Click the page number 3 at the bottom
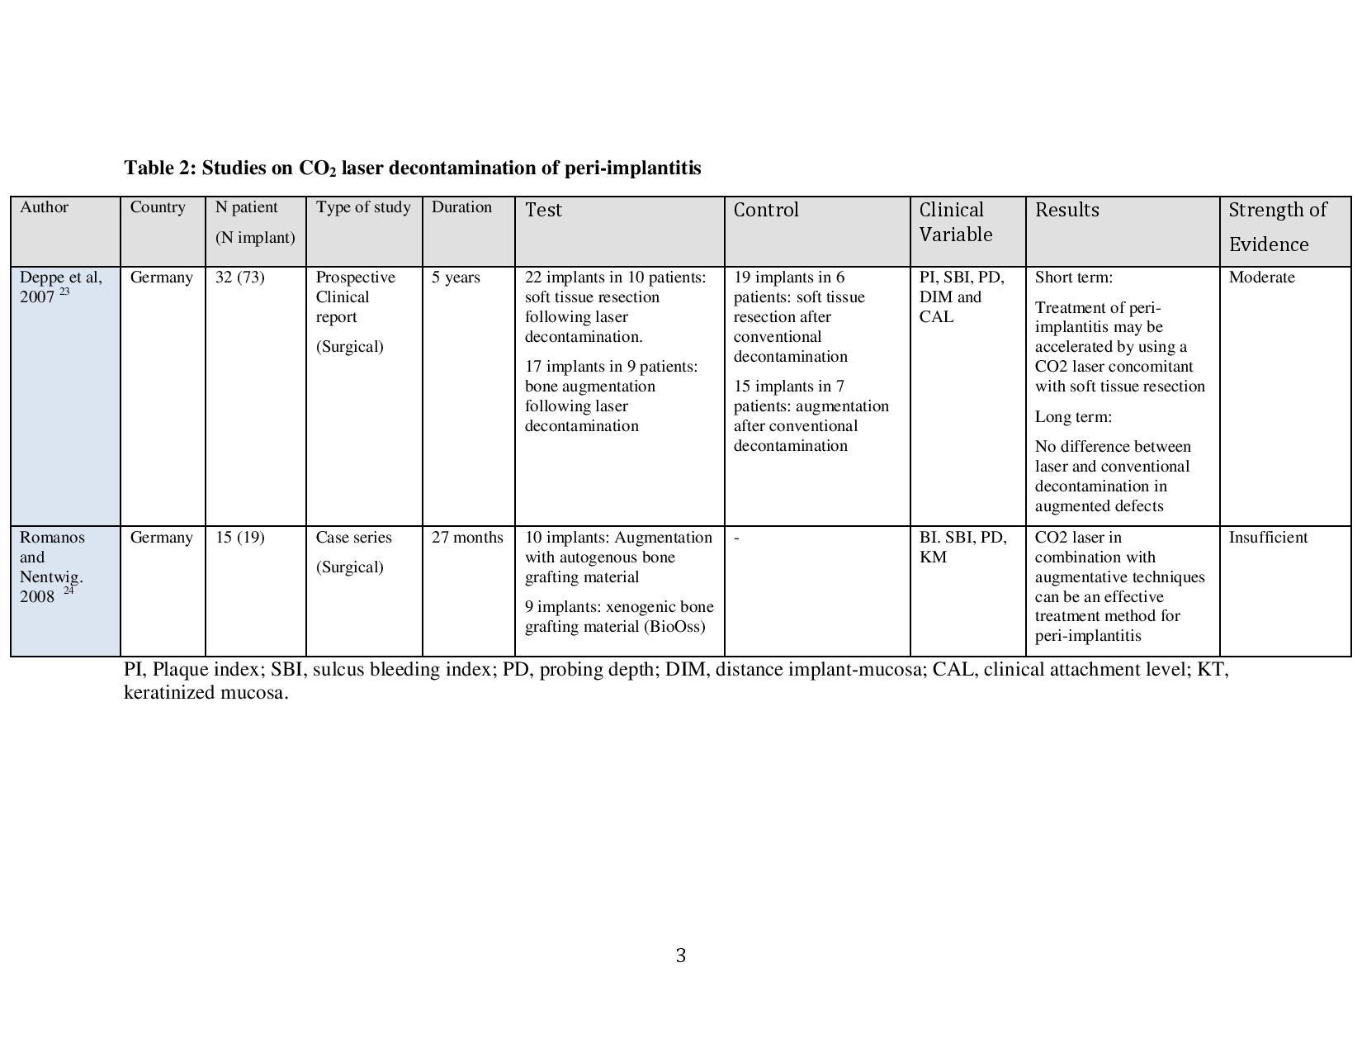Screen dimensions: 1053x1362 [680, 956]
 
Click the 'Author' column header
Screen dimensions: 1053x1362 [44, 207]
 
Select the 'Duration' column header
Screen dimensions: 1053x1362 [461, 207]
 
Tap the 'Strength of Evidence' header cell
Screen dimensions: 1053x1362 [1277, 226]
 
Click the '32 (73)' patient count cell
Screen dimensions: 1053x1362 [239, 277]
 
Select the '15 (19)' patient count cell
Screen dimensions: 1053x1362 [239, 538]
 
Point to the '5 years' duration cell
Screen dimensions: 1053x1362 [456, 277]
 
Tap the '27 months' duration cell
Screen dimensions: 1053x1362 [467, 538]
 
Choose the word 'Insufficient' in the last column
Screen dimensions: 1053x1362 [1268, 538]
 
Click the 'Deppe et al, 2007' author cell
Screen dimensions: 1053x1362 [60, 287]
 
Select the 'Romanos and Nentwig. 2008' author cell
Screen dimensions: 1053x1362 [52, 567]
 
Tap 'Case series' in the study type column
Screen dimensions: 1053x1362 [353, 538]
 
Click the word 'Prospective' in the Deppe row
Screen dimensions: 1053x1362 [355, 277]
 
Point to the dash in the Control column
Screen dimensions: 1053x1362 [736, 538]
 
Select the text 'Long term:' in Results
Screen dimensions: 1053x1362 [1073, 417]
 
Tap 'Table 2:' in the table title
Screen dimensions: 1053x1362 [160, 168]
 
